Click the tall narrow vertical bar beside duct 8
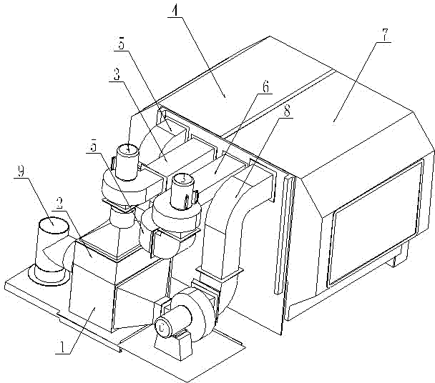tap(287, 236)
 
